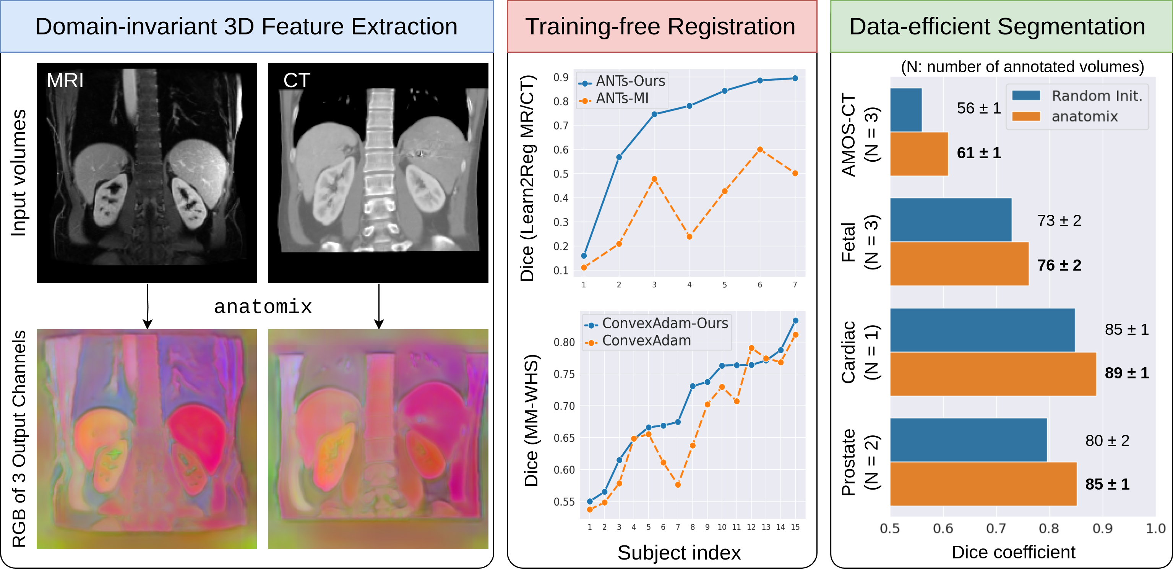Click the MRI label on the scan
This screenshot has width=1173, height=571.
click(65, 81)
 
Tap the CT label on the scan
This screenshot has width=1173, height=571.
click(297, 81)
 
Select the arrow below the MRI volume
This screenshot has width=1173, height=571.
click(147, 306)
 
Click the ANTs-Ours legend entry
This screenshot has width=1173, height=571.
click(622, 81)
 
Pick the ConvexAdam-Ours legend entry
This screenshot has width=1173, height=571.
click(656, 323)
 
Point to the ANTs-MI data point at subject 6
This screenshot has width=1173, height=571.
click(759, 149)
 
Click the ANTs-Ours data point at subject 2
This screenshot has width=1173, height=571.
click(619, 157)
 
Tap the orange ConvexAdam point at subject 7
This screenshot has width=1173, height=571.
click(678, 485)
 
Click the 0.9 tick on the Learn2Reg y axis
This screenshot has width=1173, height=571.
click(561, 78)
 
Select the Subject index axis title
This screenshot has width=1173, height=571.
click(679, 553)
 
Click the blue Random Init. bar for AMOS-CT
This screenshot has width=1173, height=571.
click(906, 110)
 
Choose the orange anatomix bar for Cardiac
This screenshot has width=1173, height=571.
click(993, 374)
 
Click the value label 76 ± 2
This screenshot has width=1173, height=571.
click(1059, 265)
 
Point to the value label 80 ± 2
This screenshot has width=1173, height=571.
click(1107, 441)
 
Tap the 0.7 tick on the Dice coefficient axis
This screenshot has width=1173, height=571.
click(996, 529)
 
